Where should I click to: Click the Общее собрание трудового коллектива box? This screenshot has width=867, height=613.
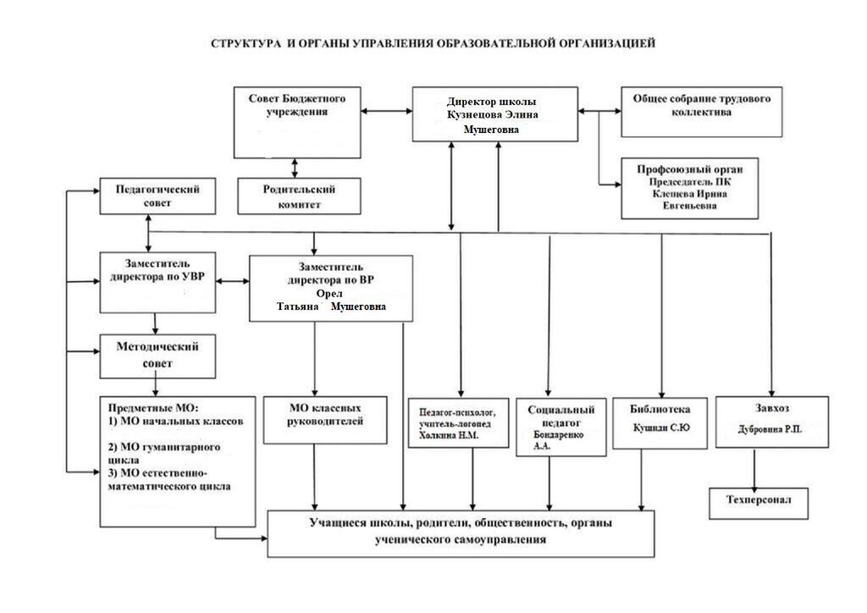tap(701, 111)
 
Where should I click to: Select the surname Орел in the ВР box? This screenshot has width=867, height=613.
tap(332, 293)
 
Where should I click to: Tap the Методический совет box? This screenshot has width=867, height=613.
tap(157, 356)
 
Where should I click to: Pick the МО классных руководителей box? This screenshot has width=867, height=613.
tap(325, 419)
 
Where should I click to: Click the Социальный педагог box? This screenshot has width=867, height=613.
tap(561, 426)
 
